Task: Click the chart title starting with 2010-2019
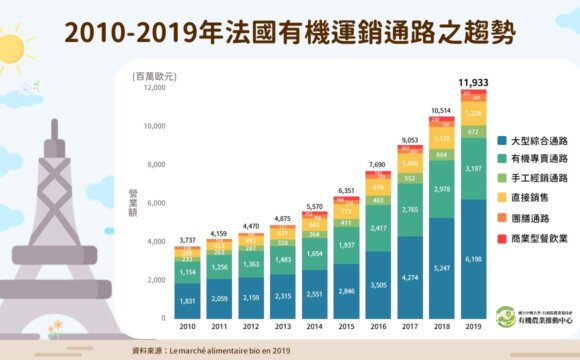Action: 290,32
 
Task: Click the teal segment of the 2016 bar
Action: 379,229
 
